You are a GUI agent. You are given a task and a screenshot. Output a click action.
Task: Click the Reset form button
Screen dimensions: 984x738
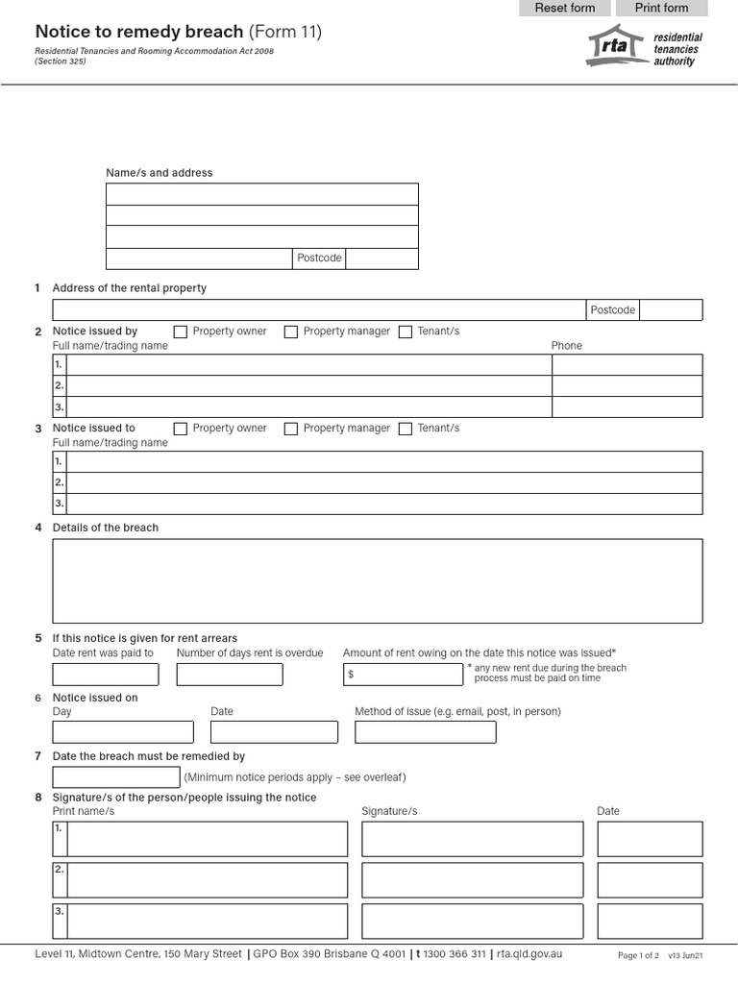[565, 8]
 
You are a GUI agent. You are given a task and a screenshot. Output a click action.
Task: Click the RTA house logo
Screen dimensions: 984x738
[615, 47]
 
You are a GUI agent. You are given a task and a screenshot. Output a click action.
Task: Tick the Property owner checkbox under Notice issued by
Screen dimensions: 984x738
[181, 332]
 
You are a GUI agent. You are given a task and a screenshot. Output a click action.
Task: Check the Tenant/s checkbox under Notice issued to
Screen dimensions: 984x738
[406, 429]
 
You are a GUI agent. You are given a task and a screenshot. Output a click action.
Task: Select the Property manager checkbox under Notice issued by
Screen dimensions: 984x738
[291, 332]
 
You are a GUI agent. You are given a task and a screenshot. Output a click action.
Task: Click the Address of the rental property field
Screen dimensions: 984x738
[319, 309]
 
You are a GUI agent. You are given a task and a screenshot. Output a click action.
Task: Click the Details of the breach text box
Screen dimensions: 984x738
[377, 580]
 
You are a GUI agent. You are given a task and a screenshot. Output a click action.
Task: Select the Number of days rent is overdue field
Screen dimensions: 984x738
[230, 674]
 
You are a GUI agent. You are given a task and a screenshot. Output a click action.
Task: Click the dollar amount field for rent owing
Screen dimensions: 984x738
[407, 675]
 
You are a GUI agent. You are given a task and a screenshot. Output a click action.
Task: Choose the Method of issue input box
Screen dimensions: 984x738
[425, 732]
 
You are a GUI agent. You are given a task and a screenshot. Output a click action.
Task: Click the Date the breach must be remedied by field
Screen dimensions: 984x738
[115, 777]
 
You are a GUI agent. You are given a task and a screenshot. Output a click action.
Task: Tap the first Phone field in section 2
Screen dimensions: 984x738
[627, 365]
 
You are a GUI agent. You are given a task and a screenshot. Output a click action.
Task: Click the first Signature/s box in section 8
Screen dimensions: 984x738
[472, 839]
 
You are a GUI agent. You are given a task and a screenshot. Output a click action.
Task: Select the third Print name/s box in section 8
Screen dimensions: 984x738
[207, 921]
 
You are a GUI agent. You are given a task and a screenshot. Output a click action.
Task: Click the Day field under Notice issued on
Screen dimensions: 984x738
[122, 732]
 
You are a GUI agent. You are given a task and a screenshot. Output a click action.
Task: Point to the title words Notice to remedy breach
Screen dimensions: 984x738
[139, 32]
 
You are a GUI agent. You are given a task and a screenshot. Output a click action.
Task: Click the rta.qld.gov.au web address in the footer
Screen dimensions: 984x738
[529, 954]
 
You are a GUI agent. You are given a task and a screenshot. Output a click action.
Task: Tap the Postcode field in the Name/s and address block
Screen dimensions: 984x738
[381, 258]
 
